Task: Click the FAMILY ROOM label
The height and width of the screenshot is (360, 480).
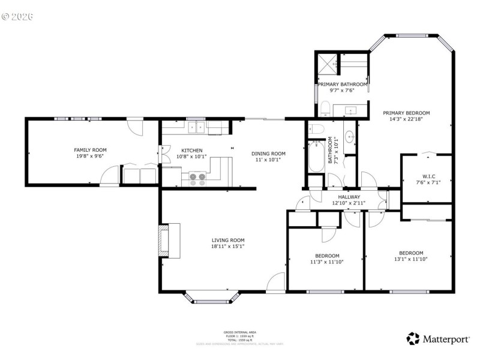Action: pos(90,150)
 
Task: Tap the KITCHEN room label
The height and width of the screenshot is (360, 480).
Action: pos(192,150)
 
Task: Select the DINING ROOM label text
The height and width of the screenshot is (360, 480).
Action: pos(268,154)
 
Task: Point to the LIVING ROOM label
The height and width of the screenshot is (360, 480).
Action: pos(228,240)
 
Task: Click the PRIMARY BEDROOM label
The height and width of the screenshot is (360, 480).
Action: pos(407,112)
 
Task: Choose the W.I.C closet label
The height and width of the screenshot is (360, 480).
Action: pos(428,176)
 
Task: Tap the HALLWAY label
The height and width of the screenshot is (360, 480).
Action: pos(349,197)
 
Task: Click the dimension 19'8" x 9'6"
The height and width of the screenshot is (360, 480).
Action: pos(90,157)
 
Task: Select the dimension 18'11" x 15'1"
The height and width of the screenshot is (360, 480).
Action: pos(228,247)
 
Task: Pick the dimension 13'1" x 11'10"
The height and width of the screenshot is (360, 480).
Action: pos(412,260)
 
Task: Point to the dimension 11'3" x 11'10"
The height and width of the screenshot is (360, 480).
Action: pos(328,262)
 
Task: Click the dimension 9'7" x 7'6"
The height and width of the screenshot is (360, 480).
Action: pos(343,91)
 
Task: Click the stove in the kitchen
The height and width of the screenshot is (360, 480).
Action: pos(197,178)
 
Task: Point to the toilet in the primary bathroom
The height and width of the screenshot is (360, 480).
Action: pos(323,108)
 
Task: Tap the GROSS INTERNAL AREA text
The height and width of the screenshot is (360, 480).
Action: pos(240,332)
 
